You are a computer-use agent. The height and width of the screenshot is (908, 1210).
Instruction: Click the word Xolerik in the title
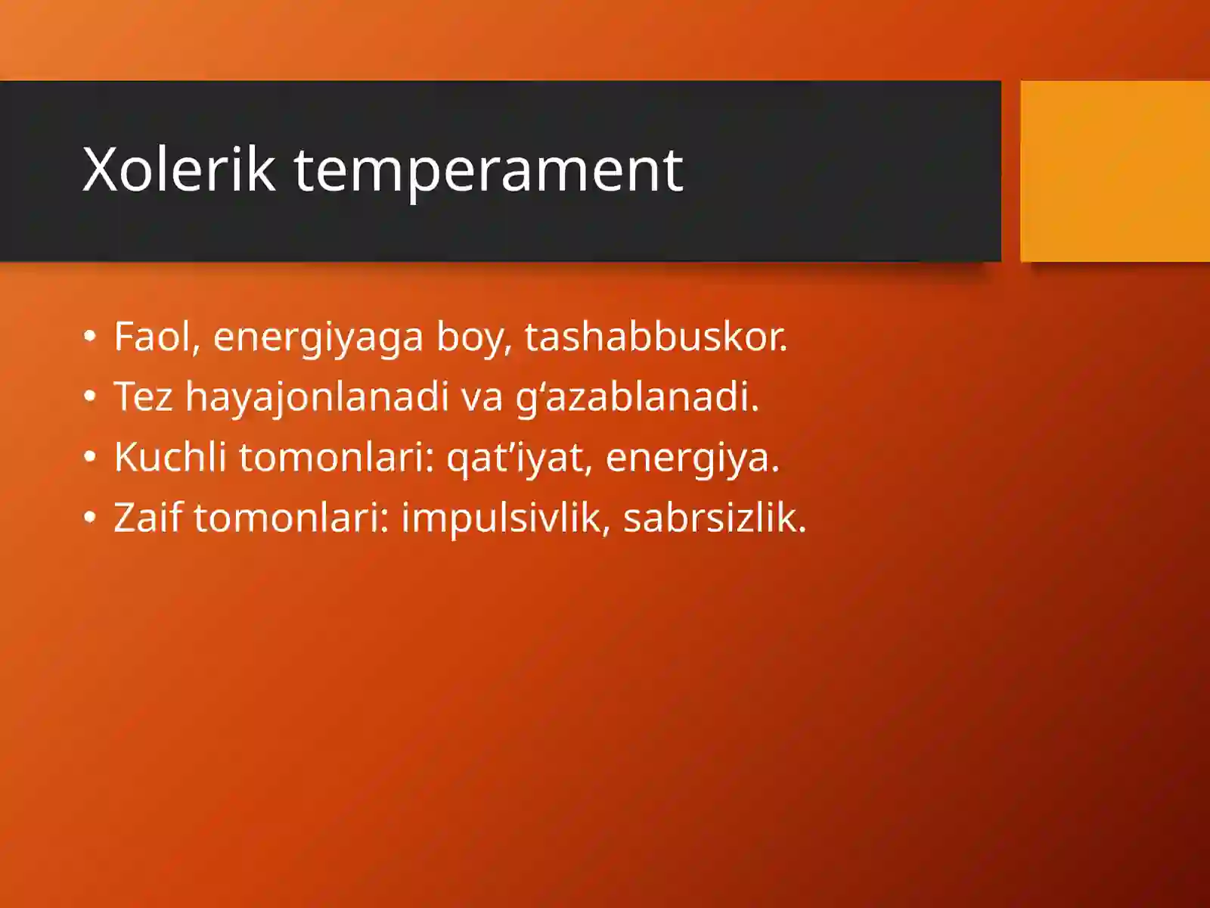pyautogui.click(x=178, y=169)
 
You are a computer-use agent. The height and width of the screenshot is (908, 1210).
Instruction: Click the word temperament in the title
pyautogui.click(x=488, y=171)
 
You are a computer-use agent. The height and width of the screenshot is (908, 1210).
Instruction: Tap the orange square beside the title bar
pyautogui.click(x=1115, y=171)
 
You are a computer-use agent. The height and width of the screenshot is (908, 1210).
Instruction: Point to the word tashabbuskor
pyautogui.click(x=655, y=337)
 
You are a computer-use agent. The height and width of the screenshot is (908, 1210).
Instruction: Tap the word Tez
pyautogui.click(x=143, y=396)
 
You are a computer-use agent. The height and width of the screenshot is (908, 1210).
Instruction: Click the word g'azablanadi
pyautogui.click(x=637, y=397)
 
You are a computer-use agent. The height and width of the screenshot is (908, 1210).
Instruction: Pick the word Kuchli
pyautogui.click(x=170, y=457)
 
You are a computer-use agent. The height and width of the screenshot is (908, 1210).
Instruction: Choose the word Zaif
pyautogui.click(x=147, y=518)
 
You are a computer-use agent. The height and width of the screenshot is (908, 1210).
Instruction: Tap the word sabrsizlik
pyautogui.click(x=714, y=518)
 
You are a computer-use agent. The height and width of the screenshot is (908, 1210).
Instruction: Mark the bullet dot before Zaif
pyautogui.click(x=91, y=518)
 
